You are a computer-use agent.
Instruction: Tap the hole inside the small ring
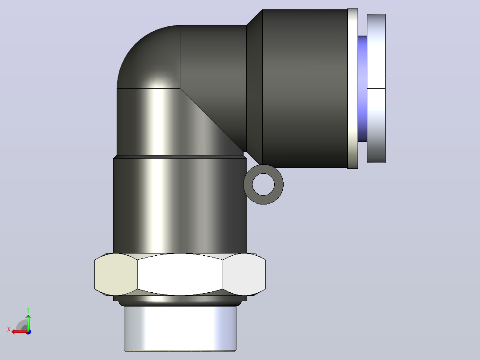coord(264,184)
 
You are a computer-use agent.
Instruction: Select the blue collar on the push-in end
coord(362,89)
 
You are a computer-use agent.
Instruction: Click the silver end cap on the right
coord(376,89)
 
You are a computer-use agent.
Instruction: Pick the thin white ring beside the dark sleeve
coord(353,89)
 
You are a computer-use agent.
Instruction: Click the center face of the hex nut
coord(180,274)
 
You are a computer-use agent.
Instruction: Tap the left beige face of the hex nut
coord(116,274)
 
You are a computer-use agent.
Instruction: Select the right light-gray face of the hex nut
coord(244,274)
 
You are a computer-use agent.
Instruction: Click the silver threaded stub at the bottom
coord(180,328)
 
